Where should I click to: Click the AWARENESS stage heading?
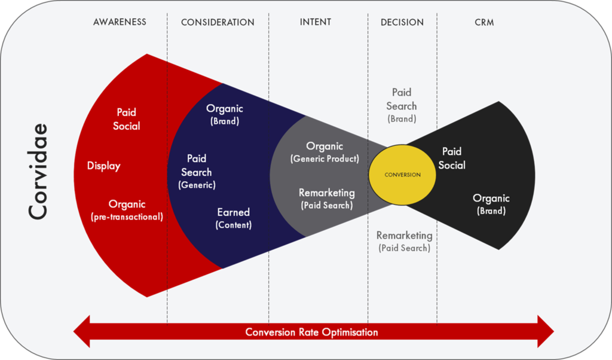120,22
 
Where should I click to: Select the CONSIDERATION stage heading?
218,22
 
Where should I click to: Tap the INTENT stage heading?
316,22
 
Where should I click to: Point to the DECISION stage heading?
402,22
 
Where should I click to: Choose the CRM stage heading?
484,22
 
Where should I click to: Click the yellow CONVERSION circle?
402,175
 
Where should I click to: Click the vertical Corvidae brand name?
38,172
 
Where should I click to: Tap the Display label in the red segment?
104,166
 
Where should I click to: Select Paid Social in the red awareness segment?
127,119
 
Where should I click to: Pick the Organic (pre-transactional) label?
127,210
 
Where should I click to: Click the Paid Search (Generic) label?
197,172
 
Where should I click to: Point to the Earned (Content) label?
234,218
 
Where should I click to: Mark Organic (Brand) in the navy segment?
225,114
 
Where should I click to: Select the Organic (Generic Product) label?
325,152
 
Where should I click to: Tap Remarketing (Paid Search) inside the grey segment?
327,199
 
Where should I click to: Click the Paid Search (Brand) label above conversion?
402,105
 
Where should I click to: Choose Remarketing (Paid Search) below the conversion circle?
405,242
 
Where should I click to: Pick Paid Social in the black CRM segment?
452,158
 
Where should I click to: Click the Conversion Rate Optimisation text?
311,332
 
